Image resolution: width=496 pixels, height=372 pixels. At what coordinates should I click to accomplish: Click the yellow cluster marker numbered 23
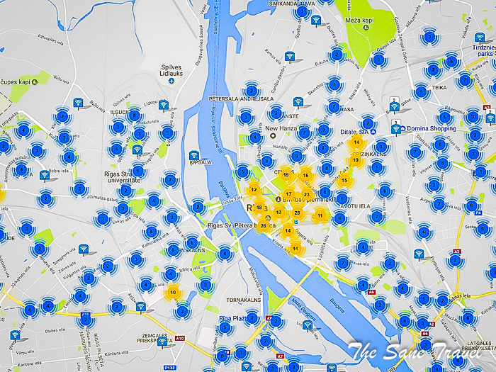[306, 193]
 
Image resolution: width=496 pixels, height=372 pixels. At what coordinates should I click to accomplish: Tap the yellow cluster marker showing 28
[298, 213]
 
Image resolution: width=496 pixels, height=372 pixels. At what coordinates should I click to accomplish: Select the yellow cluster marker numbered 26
[264, 226]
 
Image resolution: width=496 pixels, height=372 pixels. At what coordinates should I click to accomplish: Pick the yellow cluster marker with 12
[254, 189]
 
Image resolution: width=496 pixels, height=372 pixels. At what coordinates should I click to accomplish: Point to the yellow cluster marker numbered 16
[305, 175]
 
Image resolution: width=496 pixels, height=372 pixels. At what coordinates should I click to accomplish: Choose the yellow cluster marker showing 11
[320, 215]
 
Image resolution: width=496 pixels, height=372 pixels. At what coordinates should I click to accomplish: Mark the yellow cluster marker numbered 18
[260, 207]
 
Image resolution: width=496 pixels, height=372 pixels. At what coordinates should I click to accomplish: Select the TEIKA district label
[440, 87]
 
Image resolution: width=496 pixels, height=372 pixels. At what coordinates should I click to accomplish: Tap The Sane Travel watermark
[419, 349]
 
